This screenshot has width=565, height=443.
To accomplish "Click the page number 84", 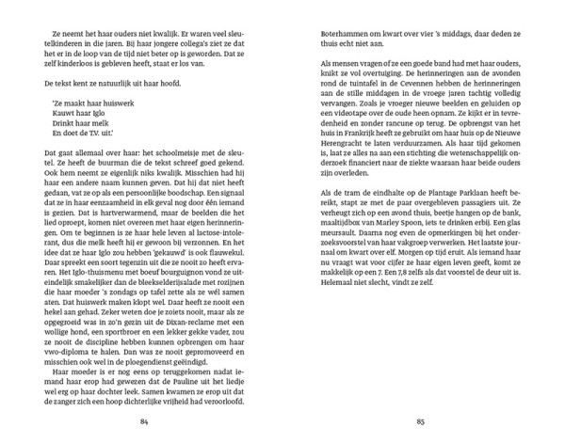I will [145, 420].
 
